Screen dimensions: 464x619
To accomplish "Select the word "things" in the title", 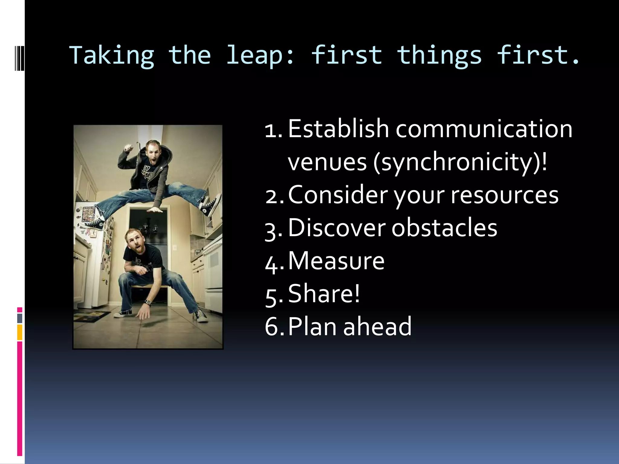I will (x=439, y=56).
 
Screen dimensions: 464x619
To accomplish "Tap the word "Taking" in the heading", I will (x=112, y=56).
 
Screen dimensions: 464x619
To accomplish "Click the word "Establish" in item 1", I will (x=338, y=129).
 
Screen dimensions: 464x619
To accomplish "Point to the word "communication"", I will (x=484, y=129).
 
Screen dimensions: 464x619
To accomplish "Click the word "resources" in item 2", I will (x=504, y=195).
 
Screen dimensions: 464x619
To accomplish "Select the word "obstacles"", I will (x=444, y=228).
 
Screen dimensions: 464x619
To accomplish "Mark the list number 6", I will (x=273, y=327).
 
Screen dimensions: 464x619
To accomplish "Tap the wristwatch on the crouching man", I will (x=148, y=302).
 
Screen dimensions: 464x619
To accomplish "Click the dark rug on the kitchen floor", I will (x=92, y=316).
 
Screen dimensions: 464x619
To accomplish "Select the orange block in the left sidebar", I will (x=20, y=332).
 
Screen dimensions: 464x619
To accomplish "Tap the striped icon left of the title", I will (x=19, y=55).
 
